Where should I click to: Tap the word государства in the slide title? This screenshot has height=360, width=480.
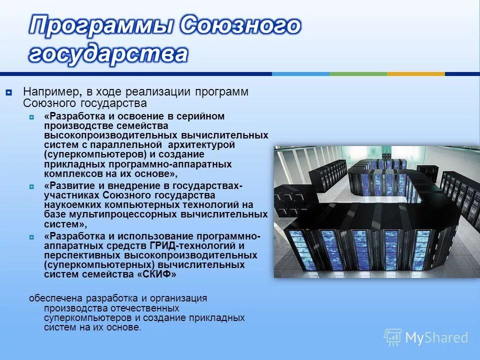108,54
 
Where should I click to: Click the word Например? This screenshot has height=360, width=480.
48,92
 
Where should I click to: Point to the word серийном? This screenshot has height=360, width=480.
198,116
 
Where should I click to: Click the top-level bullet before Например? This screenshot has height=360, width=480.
9,92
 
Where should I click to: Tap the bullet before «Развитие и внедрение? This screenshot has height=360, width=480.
32,186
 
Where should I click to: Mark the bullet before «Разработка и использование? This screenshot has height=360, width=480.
32,236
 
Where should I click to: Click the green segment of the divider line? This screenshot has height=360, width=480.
358,74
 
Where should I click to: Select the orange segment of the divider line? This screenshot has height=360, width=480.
415,74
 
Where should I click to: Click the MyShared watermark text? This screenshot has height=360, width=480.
436,337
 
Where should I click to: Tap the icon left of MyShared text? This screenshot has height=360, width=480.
393,337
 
